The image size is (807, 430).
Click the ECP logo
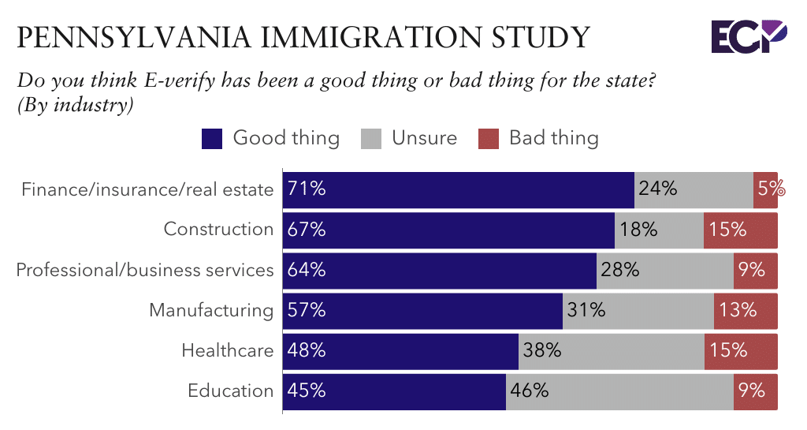pos(748,37)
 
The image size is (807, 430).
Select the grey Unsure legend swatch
pos(371,139)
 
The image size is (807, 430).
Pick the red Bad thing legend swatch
pos(489,139)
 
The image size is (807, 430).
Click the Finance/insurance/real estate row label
pos(147,189)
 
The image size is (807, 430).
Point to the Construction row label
pos(218,229)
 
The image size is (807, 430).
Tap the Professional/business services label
pos(145,270)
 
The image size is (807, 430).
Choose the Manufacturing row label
pos(211,310)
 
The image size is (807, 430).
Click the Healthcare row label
pos(227,350)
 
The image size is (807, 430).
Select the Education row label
pos(230,391)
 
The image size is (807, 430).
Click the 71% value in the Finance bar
pos(307,189)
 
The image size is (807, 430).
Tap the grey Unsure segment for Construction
pos(659,230)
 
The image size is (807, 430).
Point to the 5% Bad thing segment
pos(766,189)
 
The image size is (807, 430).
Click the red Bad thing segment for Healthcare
pos(741,350)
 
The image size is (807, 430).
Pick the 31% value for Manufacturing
pos(586,310)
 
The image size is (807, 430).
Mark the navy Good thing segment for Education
pos(394,391)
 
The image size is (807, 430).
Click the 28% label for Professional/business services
pos(619,270)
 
